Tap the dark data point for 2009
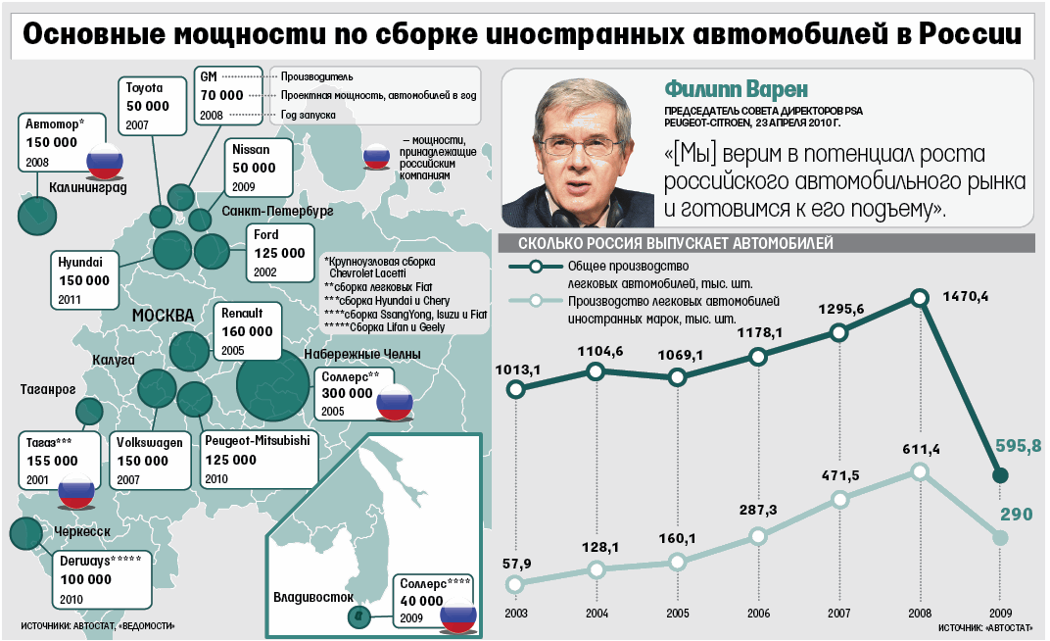click(1000, 476)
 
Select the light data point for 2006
click(758, 536)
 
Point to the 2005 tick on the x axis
click(678, 613)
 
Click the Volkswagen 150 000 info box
click(148, 460)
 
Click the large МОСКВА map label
click(163, 316)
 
